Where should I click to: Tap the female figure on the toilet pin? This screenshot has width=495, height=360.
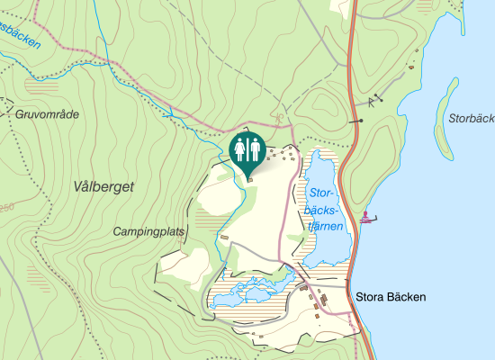(240, 148)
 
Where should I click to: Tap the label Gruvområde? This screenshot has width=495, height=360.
(48, 114)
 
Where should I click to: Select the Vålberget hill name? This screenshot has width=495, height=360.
(104, 186)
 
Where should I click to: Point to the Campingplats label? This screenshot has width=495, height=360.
(148, 231)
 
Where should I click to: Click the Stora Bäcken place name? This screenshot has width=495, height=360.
(390, 296)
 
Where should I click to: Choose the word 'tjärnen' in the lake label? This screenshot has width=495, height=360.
(327, 226)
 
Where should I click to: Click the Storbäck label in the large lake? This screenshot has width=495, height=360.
(471, 119)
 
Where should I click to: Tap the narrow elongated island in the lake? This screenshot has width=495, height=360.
(442, 117)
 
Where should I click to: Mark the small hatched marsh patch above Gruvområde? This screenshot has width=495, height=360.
(40, 85)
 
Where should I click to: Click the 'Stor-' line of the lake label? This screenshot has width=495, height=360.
(321, 193)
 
